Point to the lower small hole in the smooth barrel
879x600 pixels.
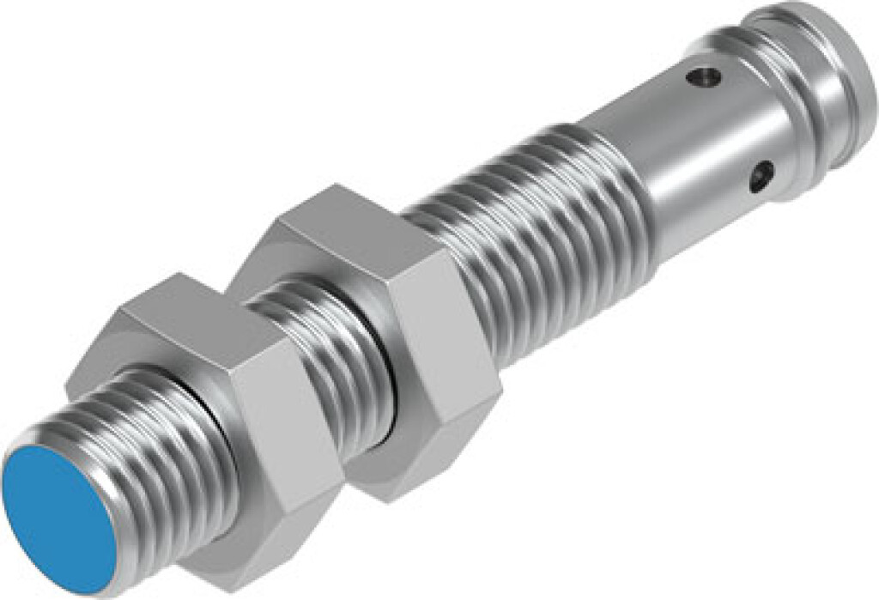point(758,179)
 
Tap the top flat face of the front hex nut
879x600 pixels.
point(189,318)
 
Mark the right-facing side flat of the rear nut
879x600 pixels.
point(446,343)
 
